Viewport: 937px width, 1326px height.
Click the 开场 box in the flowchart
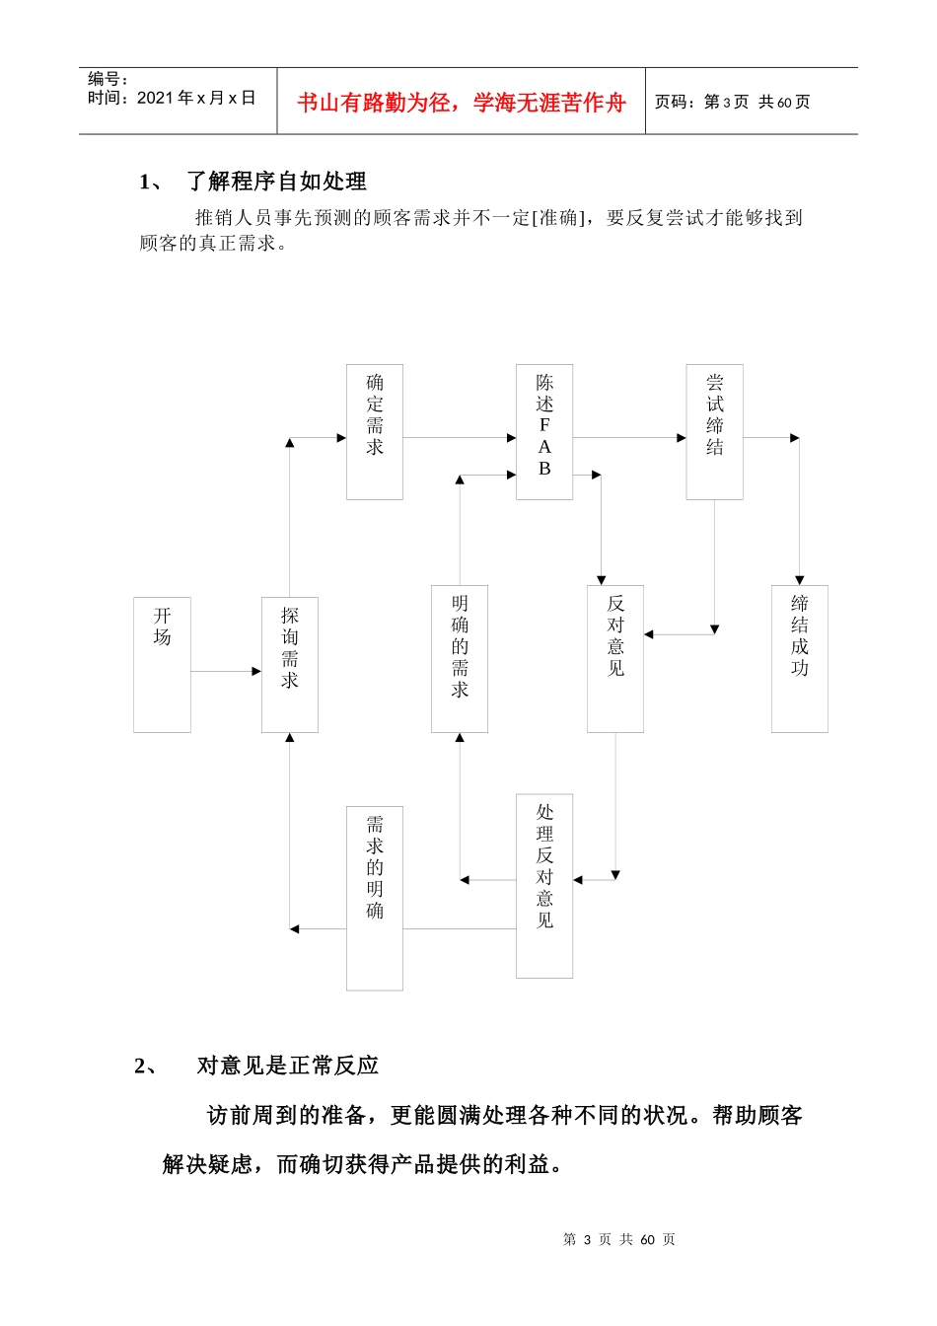[162, 664]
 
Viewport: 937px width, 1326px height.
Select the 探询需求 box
[289, 664]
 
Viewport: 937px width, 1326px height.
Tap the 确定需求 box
[375, 432]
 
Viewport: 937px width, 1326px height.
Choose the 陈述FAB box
[544, 432]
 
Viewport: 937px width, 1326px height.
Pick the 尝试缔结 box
[714, 432]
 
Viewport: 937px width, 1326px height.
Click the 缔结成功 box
[799, 658]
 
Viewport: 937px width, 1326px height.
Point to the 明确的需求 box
[460, 658]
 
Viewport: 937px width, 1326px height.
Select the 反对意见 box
[615, 658]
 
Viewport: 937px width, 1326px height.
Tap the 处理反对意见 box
[544, 886]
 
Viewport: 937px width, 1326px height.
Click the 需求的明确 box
[375, 898]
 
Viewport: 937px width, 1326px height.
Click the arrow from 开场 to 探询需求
[226, 671]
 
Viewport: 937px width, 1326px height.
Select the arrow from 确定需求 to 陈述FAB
[460, 437]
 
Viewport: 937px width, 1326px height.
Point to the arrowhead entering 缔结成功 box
[799, 580]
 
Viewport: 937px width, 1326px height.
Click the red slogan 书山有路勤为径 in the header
[462, 103]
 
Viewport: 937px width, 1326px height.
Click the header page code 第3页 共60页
[732, 102]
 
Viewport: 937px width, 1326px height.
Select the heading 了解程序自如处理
[276, 182]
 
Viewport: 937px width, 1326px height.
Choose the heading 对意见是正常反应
[287, 1066]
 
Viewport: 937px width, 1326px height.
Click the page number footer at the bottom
[618, 1239]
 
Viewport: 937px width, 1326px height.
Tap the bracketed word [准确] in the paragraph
[558, 217]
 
